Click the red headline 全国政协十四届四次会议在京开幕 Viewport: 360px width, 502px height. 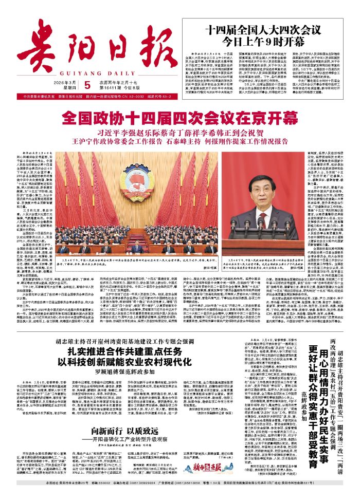coord(180,118)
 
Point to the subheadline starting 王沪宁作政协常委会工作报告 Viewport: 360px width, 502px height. coord(180,140)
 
